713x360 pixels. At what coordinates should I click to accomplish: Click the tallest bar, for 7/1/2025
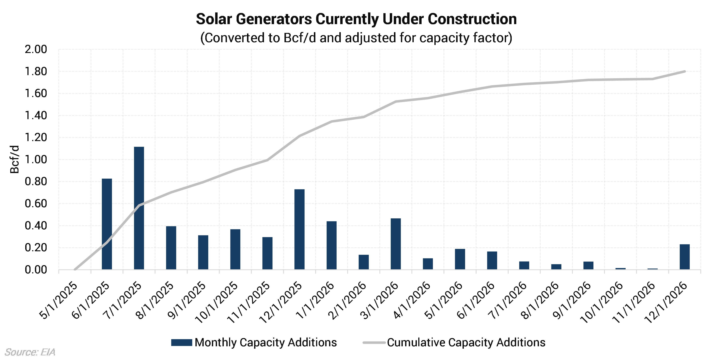click(139, 208)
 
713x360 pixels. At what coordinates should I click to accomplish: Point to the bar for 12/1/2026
click(684, 257)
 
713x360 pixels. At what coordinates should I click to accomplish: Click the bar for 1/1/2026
click(332, 245)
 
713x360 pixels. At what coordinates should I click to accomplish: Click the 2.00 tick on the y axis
click(36, 50)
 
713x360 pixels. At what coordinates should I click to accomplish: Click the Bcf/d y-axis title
click(14, 159)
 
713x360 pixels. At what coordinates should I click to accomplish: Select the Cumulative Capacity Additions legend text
click(466, 343)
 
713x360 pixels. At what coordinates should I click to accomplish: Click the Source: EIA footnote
click(30, 352)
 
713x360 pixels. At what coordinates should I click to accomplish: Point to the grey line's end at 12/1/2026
click(684, 71)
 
